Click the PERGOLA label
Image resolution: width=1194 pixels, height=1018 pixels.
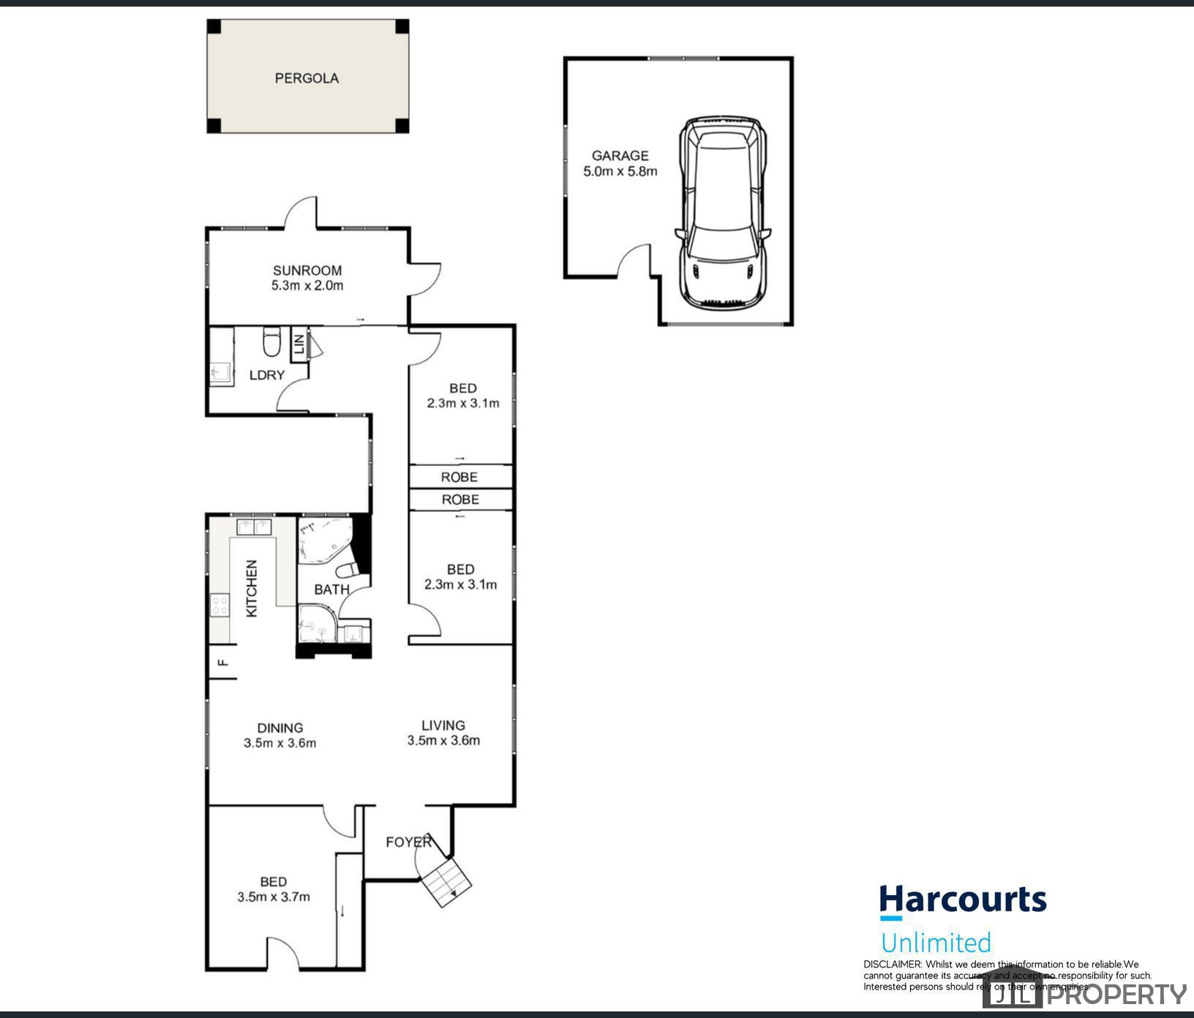(307, 78)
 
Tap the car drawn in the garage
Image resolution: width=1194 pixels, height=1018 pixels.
(723, 211)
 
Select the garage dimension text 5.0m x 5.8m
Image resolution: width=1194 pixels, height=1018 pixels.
(620, 172)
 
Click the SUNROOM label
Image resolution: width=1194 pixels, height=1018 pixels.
(307, 270)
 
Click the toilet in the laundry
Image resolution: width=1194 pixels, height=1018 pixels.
(271, 341)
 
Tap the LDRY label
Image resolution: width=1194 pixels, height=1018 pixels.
(267, 375)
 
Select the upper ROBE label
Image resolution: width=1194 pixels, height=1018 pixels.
(459, 477)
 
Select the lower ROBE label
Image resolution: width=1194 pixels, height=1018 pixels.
(460, 499)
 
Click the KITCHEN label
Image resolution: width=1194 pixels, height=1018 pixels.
(252, 588)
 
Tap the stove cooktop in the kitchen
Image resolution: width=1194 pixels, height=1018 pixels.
(219, 605)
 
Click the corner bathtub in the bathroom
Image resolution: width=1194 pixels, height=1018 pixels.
(324, 540)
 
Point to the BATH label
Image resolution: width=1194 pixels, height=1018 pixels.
(331, 589)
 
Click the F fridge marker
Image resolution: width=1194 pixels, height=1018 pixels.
(224, 663)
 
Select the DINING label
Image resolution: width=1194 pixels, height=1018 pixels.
(280, 728)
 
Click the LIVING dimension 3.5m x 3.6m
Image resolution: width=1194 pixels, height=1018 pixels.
(443, 740)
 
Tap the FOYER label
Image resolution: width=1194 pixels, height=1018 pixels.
(408, 842)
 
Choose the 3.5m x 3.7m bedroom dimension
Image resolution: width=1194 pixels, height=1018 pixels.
(274, 897)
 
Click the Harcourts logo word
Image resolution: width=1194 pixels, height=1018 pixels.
(962, 900)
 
